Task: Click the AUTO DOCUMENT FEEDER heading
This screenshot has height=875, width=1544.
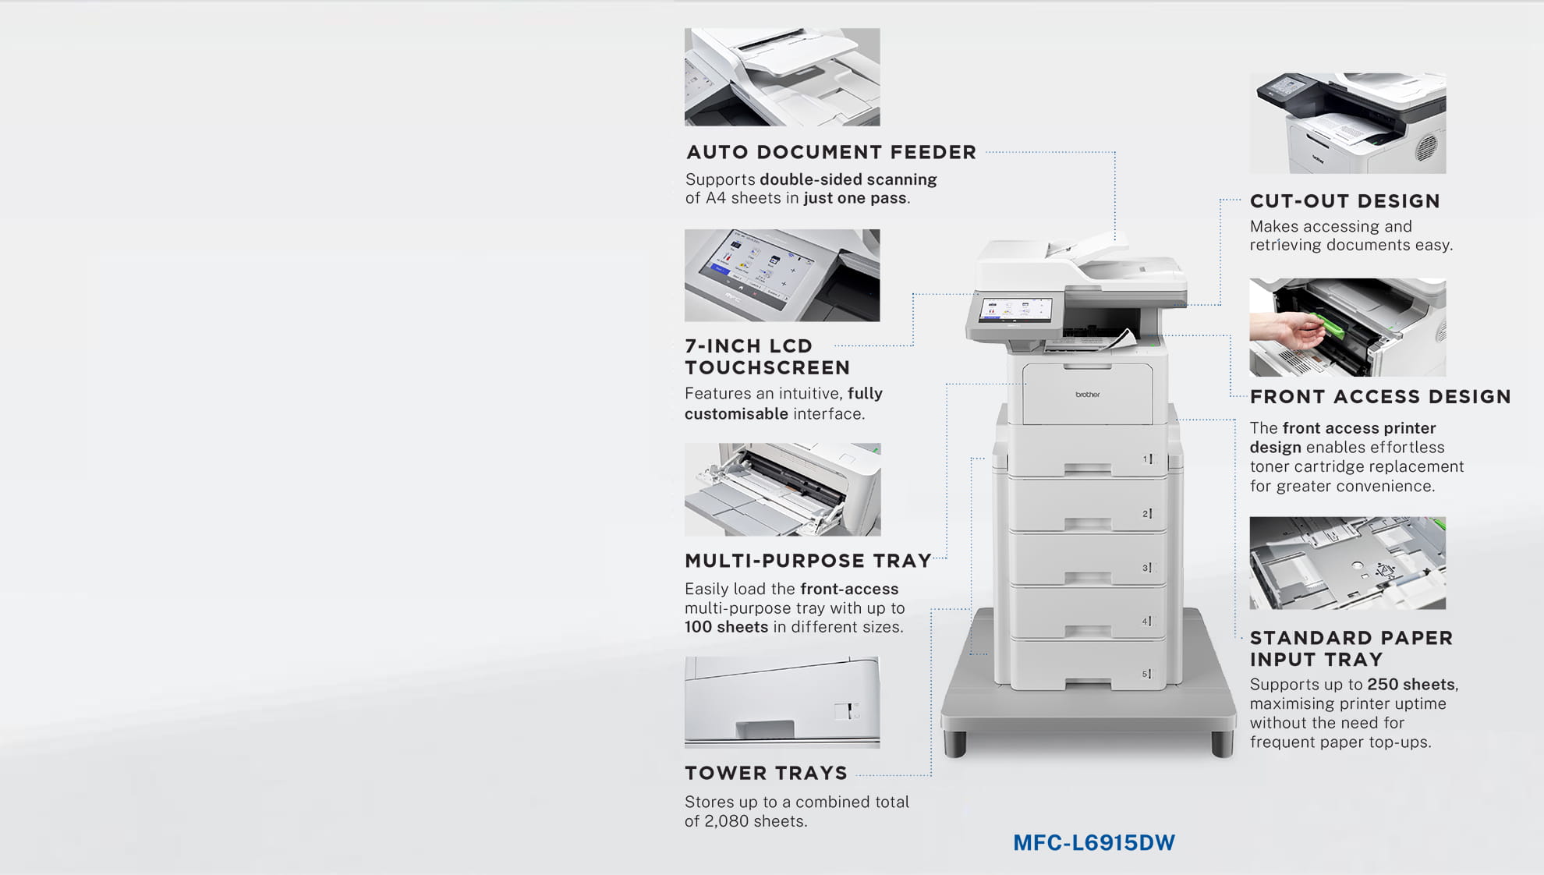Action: click(x=831, y=152)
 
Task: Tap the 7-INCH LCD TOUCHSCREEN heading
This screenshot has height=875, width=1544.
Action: click(x=767, y=356)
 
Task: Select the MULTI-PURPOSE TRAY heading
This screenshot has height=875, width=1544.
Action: click(x=808, y=561)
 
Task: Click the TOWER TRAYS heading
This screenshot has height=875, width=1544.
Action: click(x=766, y=773)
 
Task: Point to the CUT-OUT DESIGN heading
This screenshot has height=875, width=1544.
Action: click(x=1345, y=201)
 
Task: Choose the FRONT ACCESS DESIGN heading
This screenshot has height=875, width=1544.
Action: click(x=1380, y=397)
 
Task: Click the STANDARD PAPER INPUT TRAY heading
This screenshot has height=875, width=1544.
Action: click(x=1351, y=649)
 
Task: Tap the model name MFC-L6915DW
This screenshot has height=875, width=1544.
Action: click(x=1094, y=842)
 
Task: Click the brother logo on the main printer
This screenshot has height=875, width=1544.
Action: click(x=1088, y=395)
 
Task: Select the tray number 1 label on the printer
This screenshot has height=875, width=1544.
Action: click(x=1147, y=459)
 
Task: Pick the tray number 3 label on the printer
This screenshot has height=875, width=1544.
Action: click(x=1147, y=568)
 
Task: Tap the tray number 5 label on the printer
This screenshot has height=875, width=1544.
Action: click(x=1147, y=674)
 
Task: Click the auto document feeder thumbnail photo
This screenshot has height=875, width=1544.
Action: click(x=782, y=77)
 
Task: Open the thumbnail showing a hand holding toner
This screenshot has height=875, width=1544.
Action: click(x=1347, y=328)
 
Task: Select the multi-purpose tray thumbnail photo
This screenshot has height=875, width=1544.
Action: click(x=783, y=490)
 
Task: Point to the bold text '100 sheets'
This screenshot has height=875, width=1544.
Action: click(x=727, y=627)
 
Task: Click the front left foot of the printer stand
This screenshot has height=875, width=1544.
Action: click(x=955, y=745)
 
